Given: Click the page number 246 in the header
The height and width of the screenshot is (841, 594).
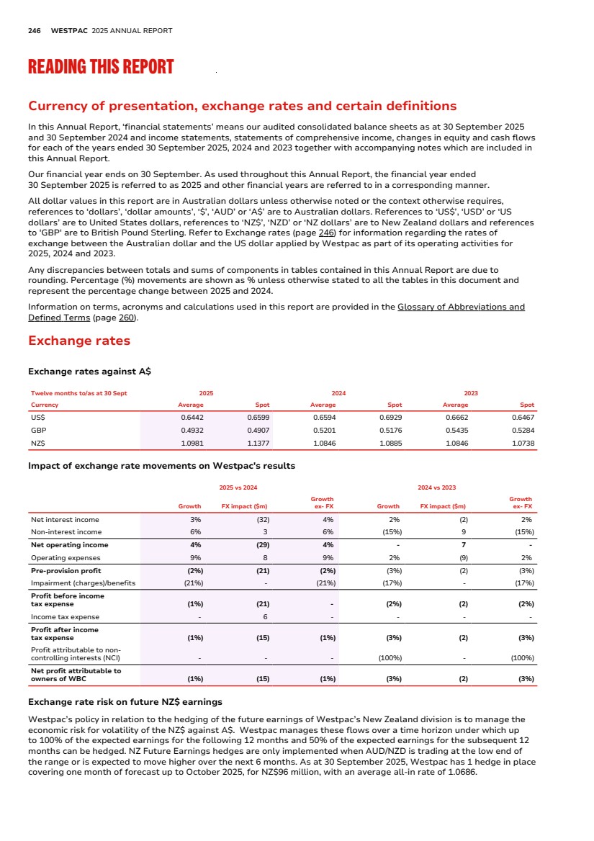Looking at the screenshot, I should pos(34,31).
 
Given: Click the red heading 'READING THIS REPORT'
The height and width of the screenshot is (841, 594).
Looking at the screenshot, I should pos(101,68).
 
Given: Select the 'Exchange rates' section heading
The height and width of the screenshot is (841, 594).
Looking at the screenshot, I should pos(78,341).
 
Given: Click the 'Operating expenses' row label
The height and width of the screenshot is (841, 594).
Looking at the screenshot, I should pos(60,557).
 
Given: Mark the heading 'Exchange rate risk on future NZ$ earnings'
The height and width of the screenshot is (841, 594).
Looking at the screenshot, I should pos(125,702).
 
